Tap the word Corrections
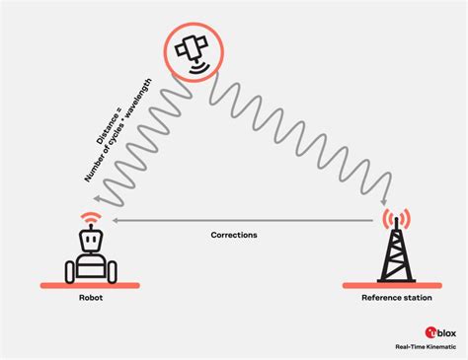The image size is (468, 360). [234, 236]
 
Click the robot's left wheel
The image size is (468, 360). [70, 270]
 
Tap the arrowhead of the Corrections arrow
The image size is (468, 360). [116, 221]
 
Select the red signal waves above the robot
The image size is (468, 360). [90, 215]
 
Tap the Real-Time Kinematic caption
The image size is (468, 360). [425, 351]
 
